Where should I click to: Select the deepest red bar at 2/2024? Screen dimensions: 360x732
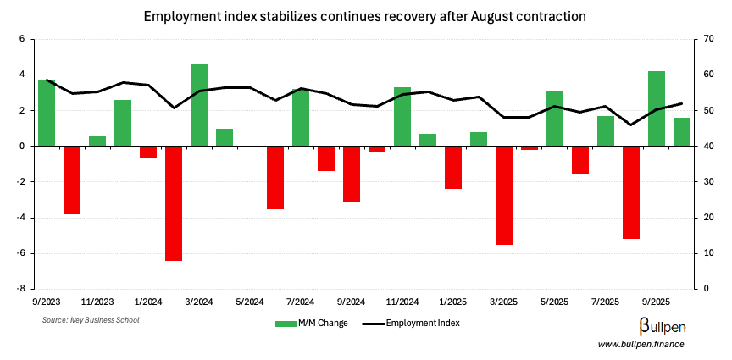pyautogui.click(x=174, y=203)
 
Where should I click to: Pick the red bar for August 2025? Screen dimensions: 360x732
pyautogui.click(x=631, y=192)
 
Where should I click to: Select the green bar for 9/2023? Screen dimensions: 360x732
pyautogui.click(x=47, y=113)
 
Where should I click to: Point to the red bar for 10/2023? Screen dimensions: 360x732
pyautogui.click(x=72, y=180)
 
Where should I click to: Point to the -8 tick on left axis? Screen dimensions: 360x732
pyautogui.click(x=24, y=289)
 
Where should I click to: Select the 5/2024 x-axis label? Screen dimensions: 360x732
pyautogui.click(x=249, y=302)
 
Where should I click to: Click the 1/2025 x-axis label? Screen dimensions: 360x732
pyautogui.click(x=452, y=302)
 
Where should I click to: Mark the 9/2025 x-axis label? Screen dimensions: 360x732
pyautogui.click(x=656, y=302)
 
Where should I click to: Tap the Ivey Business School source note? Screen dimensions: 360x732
pyautogui.click(x=91, y=320)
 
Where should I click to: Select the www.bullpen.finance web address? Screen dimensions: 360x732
pyautogui.click(x=640, y=344)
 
